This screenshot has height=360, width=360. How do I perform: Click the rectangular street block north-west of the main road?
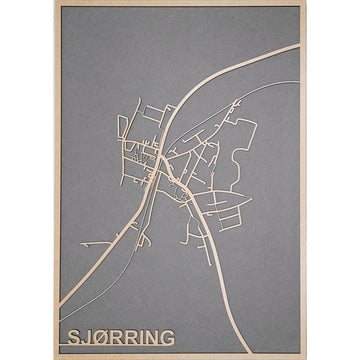click(140, 149)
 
